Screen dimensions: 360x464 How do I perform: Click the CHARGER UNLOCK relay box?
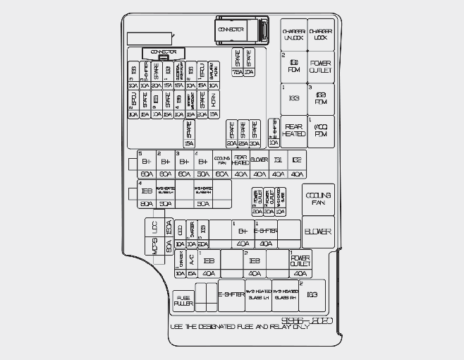coord(293,34)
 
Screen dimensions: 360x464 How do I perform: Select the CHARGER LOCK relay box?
coord(321,34)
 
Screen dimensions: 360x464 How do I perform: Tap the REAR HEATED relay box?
coord(293,131)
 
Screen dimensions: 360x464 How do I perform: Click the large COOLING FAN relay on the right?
coord(318,198)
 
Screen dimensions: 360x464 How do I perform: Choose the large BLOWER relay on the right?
coord(318,232)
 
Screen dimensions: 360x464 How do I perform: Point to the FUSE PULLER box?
coord(183,301)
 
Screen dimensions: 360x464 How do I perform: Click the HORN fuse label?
coord(214,100)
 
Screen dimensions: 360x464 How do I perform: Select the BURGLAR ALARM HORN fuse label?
coord(214,71)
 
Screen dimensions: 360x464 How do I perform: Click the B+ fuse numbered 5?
coord(147,161)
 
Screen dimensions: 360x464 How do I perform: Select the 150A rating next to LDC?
coord(169,227)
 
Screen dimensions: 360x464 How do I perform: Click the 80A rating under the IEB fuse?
coord(147,204)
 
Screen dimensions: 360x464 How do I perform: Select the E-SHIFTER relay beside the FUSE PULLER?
coord(231,294)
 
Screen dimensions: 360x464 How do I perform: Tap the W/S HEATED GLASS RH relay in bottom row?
coord(285,294)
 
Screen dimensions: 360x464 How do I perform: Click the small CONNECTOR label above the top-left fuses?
coord(164,52)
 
